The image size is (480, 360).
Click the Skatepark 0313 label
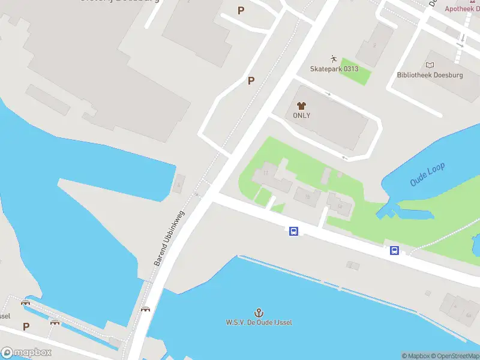click(x=334, y=69)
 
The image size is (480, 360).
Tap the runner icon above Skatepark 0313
click(x=334, y=59)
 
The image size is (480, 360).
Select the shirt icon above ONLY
click(x=301, y=106)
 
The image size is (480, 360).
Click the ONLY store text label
click(x=301, y=115)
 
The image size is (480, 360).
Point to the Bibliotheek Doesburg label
click(x=429, y=75)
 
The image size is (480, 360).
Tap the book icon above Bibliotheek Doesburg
click(x=429, y=65)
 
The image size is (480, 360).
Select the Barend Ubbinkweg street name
click(x=170, y=238)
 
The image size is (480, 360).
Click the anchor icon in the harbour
click(x=259, y=313)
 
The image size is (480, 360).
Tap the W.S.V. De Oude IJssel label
click(x=259, y=322)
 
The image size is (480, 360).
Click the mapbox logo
click(x=26, y=352)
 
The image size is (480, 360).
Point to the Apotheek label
click(x=461, y=8)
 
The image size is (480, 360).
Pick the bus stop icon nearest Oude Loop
click(x=395, y=251)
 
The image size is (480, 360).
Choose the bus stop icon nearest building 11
click(x=293, y=231)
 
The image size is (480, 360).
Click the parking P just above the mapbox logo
click(x=26, y=327)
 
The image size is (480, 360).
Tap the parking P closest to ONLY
click(x=251, y=81)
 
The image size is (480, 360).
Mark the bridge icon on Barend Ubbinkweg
click(x=145, y=309)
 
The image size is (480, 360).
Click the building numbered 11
click(x=266, y=174)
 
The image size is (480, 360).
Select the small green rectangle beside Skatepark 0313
click(x=356, y=71)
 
